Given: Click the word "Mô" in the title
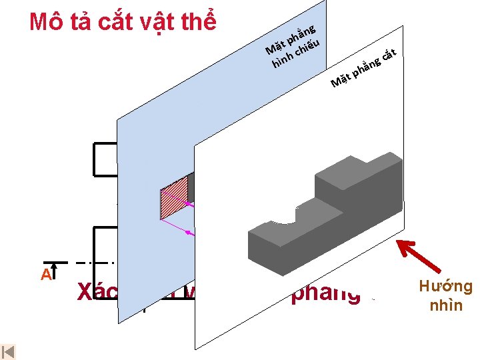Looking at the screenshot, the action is tap(46, 22).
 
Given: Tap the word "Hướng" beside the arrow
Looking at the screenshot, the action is tap(446, 287).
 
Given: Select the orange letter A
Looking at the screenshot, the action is tap(45, 275).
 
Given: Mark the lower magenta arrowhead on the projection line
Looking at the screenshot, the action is tap(189, 233).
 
